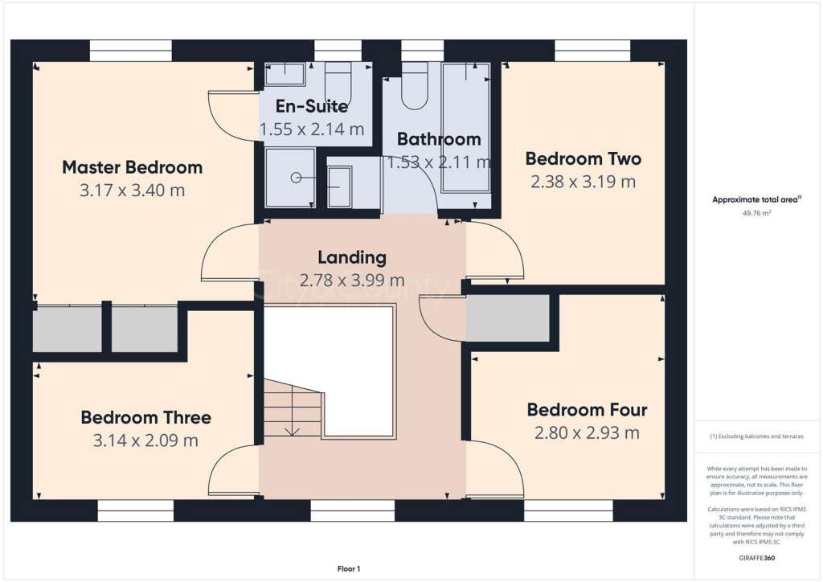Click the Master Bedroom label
(133, 167)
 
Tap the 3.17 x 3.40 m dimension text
(133, 191)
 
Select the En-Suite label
(312, 106)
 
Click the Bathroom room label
(439, 139)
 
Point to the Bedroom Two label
(583, 158)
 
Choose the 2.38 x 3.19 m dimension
(583, 182)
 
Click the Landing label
(352, 257)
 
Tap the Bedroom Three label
(145, 417)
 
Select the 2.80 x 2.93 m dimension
(587, 433)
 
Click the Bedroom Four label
(587, 410)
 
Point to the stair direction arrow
(293, 430)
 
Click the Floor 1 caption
(349, 568)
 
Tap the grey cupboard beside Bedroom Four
(507, 318)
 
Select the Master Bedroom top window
(130, 51)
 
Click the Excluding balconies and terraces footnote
(756, 436)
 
